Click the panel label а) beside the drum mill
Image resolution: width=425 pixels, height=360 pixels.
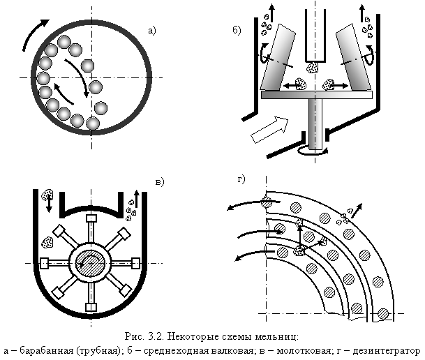tap(152, 31)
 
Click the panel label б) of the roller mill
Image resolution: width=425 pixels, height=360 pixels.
tap(237, 30)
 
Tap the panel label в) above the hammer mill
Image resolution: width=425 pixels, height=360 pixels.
tap(160, 182)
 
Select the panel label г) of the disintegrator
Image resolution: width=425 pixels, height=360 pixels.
tap(241, 179)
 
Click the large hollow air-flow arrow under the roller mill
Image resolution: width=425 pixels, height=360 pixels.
tap(269, 130)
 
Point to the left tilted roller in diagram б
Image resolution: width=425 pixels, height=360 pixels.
tap(278, 57)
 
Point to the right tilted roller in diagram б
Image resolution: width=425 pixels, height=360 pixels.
tap(353, 57)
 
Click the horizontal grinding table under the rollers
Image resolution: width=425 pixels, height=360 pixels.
tap(317, 95)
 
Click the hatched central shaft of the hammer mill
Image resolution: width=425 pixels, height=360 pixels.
tap(91, 263)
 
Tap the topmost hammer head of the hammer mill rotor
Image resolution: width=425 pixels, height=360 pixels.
tap(91, 218)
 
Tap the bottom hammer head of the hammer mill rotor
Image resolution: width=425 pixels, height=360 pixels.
tap(91, 308)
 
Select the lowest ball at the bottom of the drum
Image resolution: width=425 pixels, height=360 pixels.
tap(93, 123)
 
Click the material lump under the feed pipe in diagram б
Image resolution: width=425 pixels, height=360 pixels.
tap(313, 67)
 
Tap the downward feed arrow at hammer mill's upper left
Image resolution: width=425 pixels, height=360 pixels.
tap(49, 206)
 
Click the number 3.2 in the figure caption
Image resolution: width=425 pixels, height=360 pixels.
tap(156, 337)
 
